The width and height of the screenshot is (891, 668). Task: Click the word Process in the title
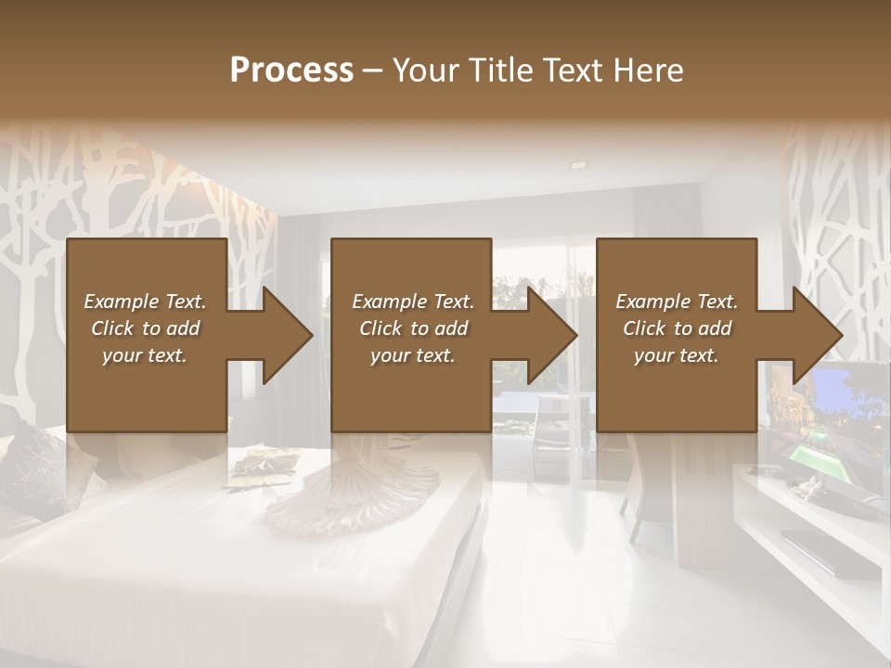point(291,70)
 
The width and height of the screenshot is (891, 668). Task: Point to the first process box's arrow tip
point(311,335)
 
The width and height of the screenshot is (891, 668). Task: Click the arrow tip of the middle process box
point(575,335)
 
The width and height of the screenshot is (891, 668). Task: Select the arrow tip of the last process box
point(840,335)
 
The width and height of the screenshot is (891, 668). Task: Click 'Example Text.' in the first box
point(145,302)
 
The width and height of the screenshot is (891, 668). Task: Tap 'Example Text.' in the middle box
point(413,302)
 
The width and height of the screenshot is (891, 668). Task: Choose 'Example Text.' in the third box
point(677,302)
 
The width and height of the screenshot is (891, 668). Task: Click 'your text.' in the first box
point(145,355)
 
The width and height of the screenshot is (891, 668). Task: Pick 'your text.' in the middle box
point(413,355)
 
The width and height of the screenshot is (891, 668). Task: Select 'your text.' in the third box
point(677,355)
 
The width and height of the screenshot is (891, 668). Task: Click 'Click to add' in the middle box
point(413,328)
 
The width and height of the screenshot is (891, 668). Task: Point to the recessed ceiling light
point(578,164)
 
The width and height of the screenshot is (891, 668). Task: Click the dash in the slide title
point(373,71)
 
